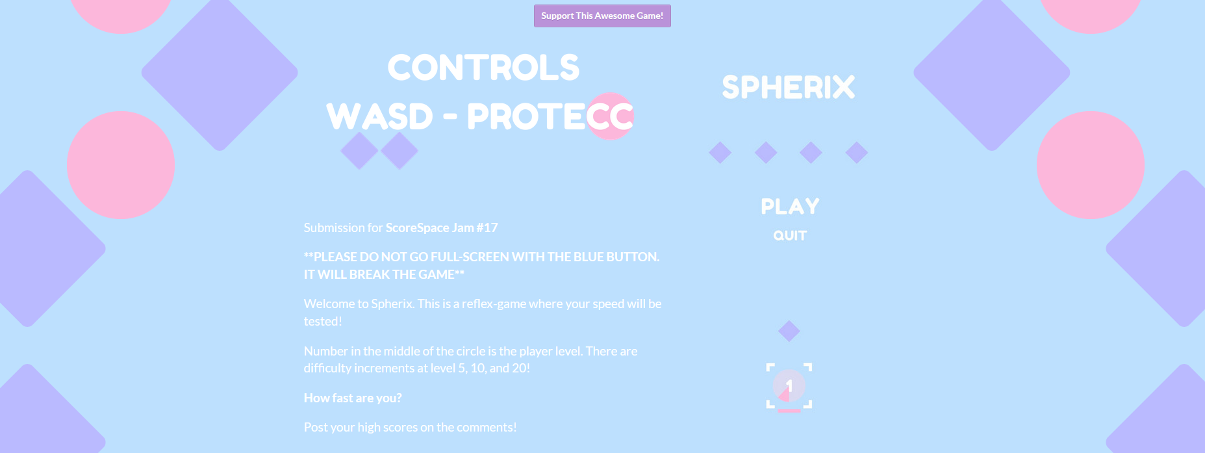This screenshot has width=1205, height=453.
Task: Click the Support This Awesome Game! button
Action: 602,16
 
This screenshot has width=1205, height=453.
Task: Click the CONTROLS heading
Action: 483,68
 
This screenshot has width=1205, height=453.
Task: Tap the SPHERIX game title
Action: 789,87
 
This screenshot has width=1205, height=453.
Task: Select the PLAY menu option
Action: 790,207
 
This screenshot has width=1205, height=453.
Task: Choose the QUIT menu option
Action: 790,236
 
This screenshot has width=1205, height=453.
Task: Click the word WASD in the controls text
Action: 379,117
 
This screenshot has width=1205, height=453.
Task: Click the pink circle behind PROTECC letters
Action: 610,116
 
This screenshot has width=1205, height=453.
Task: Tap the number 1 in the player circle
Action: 789,386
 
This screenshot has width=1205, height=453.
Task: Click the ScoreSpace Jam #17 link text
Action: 442,228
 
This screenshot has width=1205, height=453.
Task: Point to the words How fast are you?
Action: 353,398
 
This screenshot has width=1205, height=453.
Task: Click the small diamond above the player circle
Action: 789,331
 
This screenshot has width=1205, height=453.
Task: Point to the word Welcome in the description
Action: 326,304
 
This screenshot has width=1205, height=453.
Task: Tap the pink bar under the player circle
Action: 789,411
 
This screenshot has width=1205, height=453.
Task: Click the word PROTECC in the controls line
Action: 550,117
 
